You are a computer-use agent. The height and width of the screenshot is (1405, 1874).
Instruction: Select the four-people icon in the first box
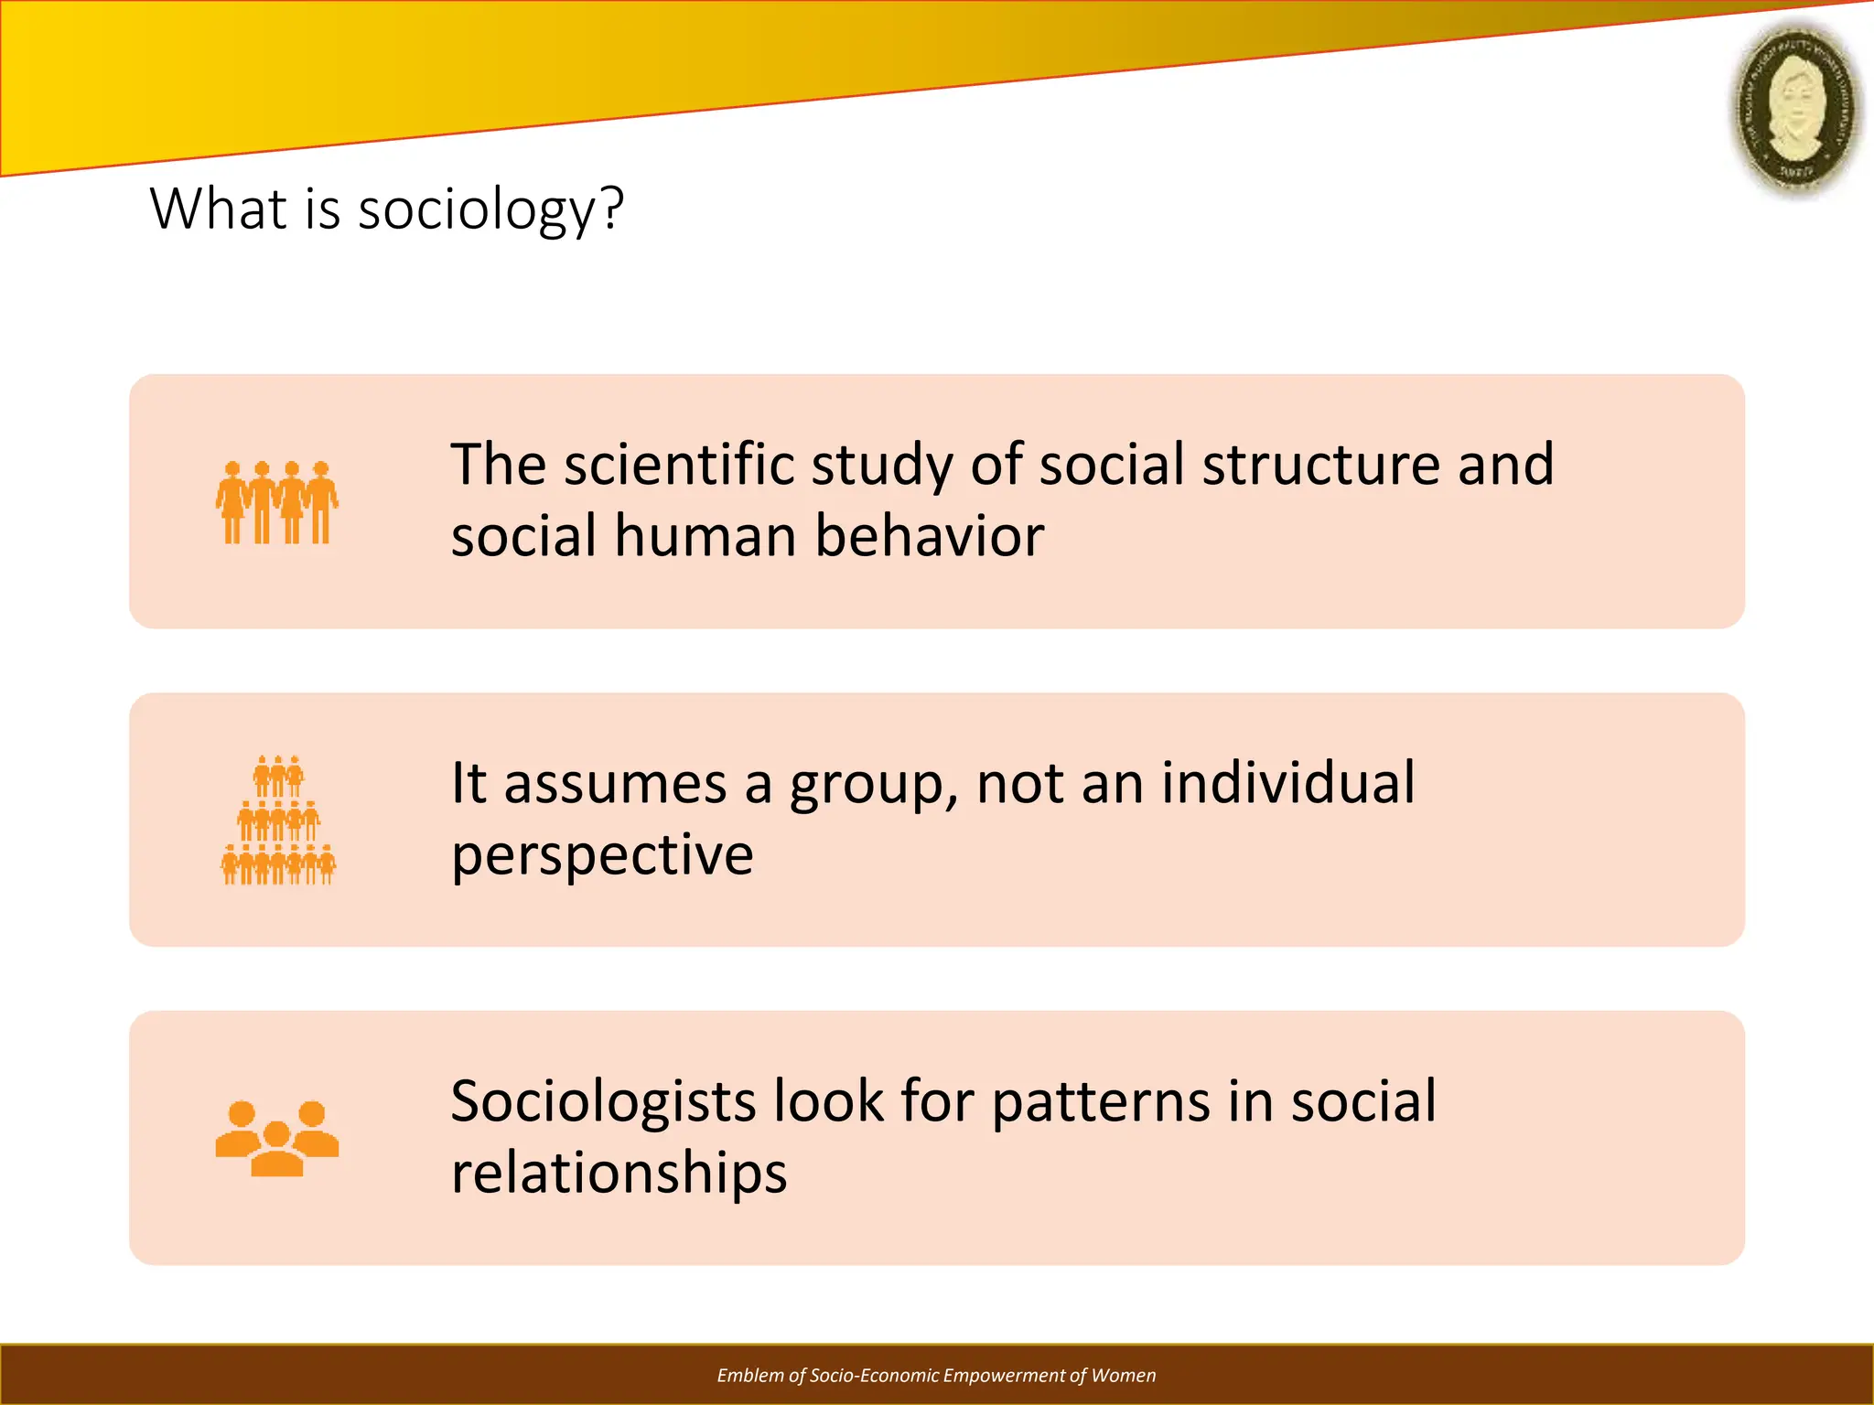[277, 502]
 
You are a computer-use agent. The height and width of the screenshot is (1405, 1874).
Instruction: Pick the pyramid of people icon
[278, 820]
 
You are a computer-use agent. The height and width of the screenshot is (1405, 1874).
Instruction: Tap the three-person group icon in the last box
[277, 1138]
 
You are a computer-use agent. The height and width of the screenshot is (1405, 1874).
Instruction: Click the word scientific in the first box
[679, 464]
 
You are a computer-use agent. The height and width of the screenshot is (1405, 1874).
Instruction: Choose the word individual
[1288, 783]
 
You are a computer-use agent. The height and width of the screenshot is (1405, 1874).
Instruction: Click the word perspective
[602, 856]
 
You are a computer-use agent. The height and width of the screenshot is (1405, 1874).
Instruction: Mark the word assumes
[615, 785]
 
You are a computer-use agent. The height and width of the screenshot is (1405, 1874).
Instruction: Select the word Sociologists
[603, 1101]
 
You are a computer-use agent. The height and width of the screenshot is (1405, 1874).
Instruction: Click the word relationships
[619, 1173]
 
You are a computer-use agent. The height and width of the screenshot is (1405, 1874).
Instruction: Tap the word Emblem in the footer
[749, 1376]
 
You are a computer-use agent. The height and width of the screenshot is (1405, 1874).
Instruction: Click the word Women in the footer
[1124, 1376]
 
